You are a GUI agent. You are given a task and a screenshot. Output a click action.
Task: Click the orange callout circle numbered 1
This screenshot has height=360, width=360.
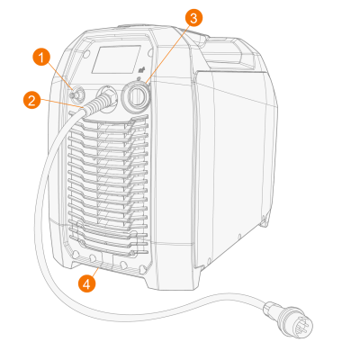41,57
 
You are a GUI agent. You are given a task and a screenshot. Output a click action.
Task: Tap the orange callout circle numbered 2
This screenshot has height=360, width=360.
32,100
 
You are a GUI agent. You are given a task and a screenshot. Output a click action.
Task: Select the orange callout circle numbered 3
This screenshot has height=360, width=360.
193,18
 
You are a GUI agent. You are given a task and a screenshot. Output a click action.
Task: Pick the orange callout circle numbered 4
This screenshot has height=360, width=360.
86,283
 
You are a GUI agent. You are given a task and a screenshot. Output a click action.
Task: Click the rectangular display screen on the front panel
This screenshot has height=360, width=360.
116,59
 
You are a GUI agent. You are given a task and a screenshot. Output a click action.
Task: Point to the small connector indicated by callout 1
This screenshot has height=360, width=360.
76,94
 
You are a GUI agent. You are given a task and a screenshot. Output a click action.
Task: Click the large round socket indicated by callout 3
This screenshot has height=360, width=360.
136,96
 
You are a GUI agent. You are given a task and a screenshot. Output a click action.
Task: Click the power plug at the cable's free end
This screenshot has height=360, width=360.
289,318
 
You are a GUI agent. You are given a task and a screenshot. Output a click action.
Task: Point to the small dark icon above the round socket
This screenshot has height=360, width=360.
140,71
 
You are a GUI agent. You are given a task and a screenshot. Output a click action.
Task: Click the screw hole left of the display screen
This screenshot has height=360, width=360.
86,54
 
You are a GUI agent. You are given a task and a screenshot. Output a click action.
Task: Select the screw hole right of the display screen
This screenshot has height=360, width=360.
149,53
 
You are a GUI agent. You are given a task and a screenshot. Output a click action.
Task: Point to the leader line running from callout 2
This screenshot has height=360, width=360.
61,103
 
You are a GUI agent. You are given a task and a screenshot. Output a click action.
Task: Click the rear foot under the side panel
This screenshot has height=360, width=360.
264,221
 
